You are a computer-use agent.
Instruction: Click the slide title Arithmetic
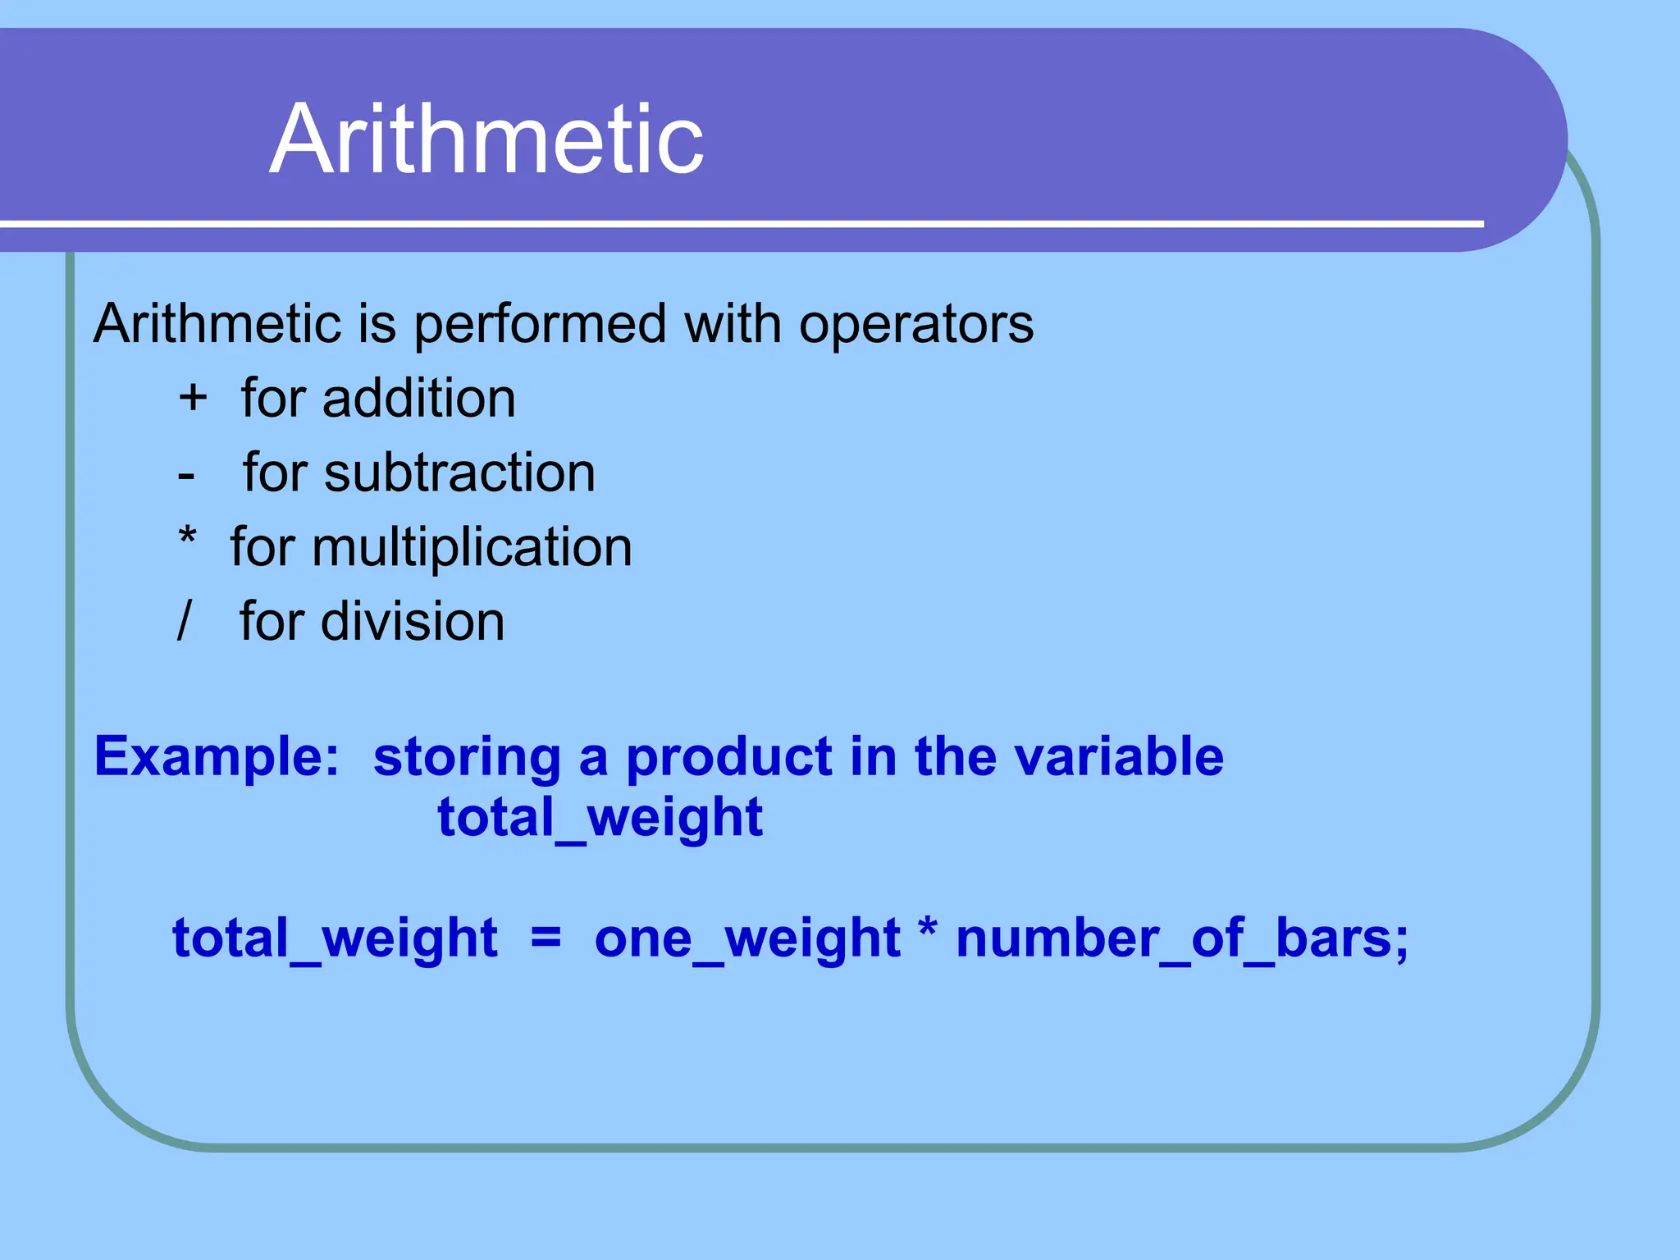coord(486,139)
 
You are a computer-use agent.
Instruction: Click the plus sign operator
coord(193,399)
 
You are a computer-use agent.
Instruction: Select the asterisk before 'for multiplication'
coord(188,538)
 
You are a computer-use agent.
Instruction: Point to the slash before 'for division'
coord(185,620)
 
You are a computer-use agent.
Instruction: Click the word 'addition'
coord(418,399)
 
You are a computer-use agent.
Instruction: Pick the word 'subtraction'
coord(459,473)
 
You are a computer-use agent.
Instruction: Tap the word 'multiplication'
coord(472,548)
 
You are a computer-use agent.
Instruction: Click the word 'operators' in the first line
coord(916,325)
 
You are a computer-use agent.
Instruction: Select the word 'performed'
coord(540,325)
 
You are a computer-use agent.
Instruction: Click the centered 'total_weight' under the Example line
coord(600,818)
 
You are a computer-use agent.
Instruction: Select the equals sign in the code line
coord(546,937)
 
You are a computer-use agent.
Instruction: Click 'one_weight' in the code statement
coord(746,938)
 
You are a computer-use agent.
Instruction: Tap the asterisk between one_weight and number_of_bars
coord(928,931)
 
